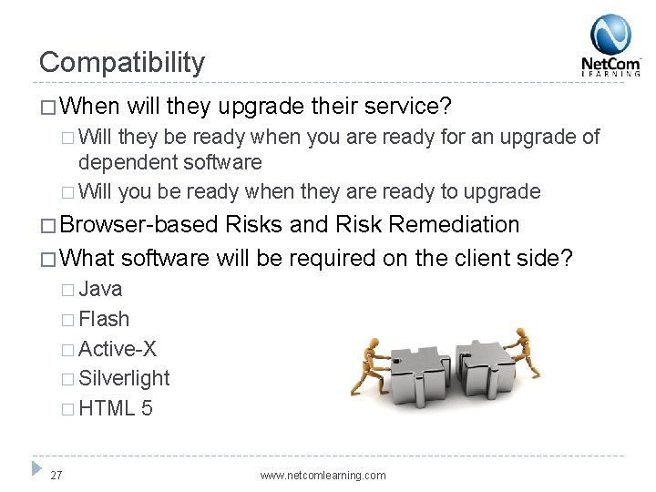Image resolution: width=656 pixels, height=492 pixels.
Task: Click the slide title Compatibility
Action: coord(122,62)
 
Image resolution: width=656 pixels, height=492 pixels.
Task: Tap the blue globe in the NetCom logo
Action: coord(610,35)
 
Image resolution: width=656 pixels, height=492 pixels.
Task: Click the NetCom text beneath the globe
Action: coord(610,65)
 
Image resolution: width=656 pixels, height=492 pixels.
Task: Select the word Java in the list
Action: coord(100,290)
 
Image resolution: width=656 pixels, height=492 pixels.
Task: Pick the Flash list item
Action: coord(104,320)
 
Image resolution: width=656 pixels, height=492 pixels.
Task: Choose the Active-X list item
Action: coord(118,349)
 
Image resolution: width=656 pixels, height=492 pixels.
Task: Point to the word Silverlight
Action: coord(124,378)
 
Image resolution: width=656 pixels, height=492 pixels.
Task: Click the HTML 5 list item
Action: coord(116,408)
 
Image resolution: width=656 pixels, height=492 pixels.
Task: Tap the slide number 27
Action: coord(57,475)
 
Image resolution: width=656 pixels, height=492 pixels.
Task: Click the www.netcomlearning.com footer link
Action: coord(323,476)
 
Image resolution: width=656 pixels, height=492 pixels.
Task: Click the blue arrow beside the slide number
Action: coord(36,469)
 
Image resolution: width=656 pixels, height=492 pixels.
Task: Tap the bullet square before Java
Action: coord(68,291)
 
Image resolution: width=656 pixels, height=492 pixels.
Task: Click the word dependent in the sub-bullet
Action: coord(123,163)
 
